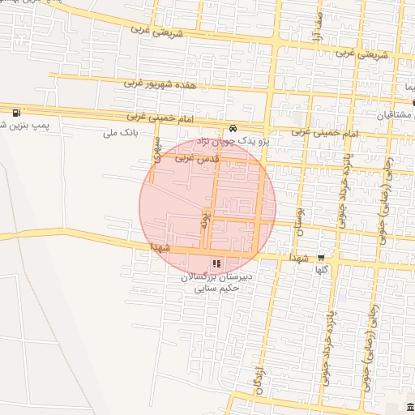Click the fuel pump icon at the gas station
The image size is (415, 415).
pos(16,111)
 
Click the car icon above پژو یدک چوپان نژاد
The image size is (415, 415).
pos(233,128)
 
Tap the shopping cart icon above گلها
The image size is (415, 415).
pos(331,259)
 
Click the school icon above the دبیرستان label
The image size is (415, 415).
pos(216,264)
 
